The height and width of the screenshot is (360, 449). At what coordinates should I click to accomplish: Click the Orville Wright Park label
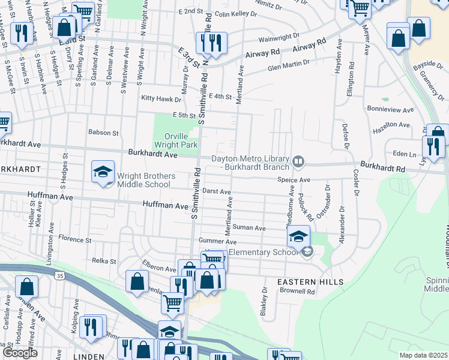click(176, 140)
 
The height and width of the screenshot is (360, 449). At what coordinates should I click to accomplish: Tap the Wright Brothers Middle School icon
click(103, 172)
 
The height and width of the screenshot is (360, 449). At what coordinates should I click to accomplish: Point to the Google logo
click(20, 353)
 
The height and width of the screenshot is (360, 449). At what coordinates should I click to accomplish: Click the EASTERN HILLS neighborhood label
click(310, 281)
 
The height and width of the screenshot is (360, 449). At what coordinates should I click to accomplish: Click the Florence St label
click(74, 239)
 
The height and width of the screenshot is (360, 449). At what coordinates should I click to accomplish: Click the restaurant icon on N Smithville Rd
click(211, 43)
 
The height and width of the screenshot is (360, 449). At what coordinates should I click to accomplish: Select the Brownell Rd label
click(298, 292)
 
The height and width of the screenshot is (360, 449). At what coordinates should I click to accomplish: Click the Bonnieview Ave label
click(390, 110)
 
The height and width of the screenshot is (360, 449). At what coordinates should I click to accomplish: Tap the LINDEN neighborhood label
click(72, 356)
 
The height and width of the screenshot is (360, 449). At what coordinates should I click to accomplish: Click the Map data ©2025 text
click(423, 355)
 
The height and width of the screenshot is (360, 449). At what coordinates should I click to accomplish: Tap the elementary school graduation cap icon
click(298, 238)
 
